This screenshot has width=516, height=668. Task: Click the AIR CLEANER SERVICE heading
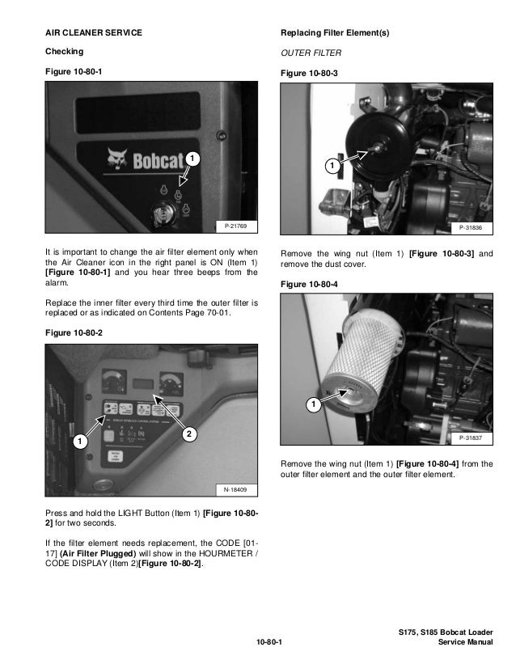point(93,32)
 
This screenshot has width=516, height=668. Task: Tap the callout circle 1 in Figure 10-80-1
point(191,156)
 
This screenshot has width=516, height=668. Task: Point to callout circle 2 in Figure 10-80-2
point(188,435)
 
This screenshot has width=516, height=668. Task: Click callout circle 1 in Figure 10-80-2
point(78,442)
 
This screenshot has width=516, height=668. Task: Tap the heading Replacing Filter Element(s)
point(334,32)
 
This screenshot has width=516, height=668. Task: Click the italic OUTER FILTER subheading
point(310,53)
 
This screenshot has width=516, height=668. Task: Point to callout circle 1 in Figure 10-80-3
point(330,166)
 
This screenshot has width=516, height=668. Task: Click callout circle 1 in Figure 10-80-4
point(311,403)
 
